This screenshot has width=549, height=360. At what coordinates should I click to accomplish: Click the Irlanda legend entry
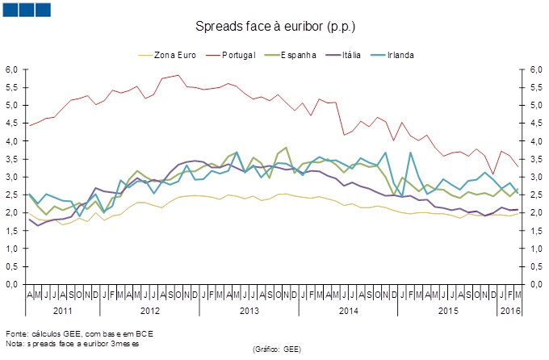coord(400,55)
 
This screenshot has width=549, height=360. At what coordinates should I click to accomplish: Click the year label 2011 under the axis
coord(63,311)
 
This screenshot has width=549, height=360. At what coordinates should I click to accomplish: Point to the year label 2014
coord(348,311)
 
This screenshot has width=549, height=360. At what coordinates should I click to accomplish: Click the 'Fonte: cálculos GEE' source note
coord(79,333)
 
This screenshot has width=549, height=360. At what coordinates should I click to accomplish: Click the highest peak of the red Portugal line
coord(178,75)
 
